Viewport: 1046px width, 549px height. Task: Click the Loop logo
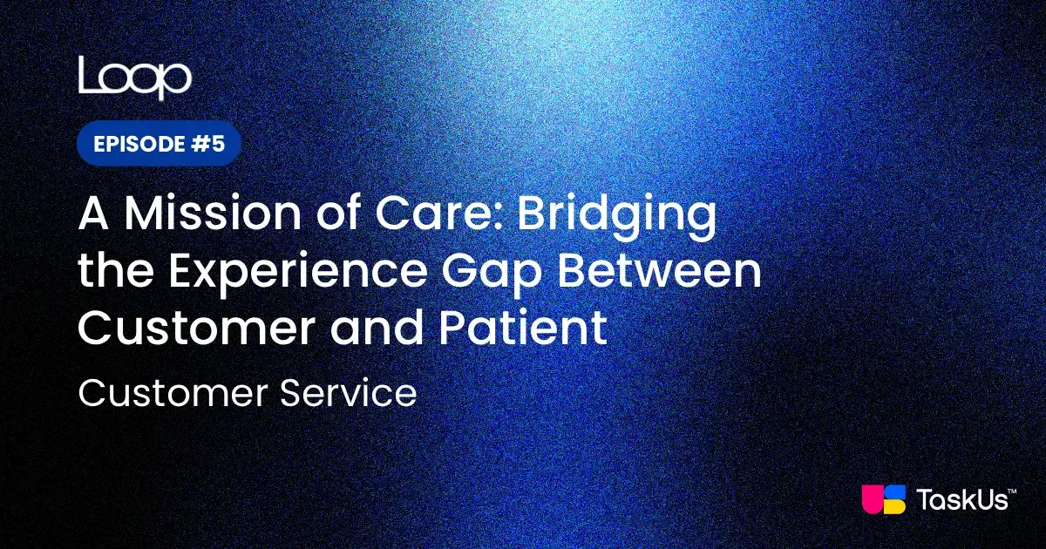pyautogui.click(x=134, y=78)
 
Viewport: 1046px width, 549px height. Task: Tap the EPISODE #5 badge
pyautogui.click(x=159, y=144)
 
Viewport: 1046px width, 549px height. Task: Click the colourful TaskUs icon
pyautogui.click(x=883, y=500)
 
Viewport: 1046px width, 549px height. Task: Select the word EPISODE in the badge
pyautogui.click(x=134, y=144)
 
